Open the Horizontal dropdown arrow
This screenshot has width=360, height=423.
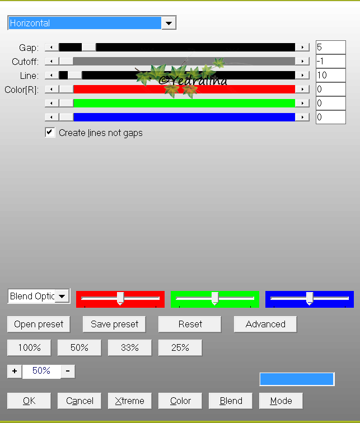(169, 23)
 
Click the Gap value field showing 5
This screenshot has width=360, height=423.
(330, 48)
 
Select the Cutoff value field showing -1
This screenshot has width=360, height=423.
(330, 61)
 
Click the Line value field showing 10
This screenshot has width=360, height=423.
(330, 75)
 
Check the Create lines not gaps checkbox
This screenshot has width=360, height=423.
(50, 133)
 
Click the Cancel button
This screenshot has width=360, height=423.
(80, 401)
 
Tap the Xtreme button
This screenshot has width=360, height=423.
(129, 401)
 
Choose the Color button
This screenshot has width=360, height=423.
(180, 401)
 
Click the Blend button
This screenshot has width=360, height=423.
(231, 401)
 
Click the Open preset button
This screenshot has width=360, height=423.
(39, 324)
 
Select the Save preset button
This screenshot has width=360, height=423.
(114, 324)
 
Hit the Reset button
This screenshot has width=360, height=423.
(190, 324)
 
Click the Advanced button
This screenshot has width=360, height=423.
(265, 324)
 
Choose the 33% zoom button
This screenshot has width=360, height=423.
(129, 347)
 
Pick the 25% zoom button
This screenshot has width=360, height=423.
(180, 347)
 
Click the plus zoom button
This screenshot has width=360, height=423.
(15, 371)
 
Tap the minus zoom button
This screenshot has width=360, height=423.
(67, 371)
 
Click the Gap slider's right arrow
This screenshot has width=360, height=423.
(302, 48)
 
